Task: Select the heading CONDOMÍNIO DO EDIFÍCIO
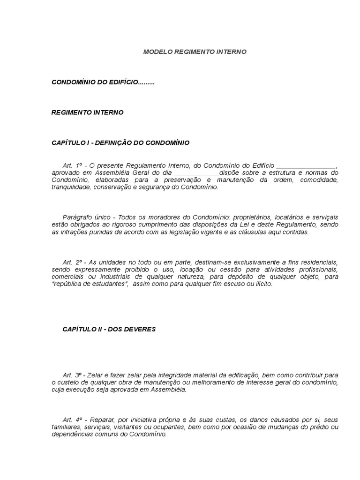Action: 103,82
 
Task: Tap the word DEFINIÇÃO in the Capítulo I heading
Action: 114,142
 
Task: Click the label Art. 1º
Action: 72,166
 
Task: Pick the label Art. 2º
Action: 73,262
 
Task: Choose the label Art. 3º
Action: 72,375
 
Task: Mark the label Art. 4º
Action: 73,420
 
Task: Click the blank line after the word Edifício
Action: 306,166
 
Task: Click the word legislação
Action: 201,232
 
